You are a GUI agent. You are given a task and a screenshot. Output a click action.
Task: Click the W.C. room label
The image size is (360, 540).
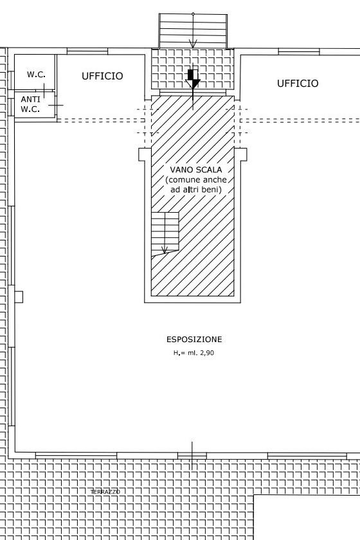pyautogui.click(x=36, y=75)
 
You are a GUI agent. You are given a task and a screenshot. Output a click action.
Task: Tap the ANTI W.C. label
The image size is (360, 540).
pyautogui.click(x=30, y=104)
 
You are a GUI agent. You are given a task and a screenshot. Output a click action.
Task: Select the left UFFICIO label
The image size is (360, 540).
pyautogui.click(x=102, y=76)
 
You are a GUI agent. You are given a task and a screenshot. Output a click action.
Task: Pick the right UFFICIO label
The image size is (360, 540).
pyautogui.click(x=298, y=84)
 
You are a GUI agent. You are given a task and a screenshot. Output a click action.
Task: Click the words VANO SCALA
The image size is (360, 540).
pyautogui.click(x=196, y=170)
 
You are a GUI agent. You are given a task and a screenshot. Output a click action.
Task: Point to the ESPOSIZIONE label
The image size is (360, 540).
pyautogui.click(x=194, y=339)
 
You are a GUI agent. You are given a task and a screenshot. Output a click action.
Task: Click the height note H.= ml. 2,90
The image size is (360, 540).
pyautogui.click(x=194, y=353)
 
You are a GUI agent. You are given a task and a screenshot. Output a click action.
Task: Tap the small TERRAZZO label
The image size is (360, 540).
pyautogui.click(x=105, y=492)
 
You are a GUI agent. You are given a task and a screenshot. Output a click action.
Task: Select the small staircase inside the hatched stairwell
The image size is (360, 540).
pyautogui.click(x=165, y=233)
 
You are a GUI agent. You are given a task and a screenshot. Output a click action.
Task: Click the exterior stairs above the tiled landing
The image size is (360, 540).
pyautogui.click(x=193, y=31)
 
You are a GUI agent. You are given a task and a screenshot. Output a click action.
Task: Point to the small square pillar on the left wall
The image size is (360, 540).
pyautogui.click(x=19, y=297)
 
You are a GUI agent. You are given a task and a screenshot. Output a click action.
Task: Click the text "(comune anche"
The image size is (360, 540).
pyautogui.click(x=196, y=180)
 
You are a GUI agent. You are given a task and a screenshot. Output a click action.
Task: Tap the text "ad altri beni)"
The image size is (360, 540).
pyautogui.click(x=196, y=190)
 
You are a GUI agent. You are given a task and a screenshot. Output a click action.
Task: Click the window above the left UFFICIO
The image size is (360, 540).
pyautogui.click(x=87, y=51)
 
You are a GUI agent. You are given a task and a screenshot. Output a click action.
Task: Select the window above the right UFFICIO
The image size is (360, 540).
pyautogui.click(x=299, y=51)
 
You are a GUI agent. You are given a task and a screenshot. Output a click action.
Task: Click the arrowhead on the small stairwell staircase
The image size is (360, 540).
pyautogui.click(x=165, y=249)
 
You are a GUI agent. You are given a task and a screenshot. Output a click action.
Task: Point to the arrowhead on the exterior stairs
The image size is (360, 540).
pyautogui.click(x=193, y=44)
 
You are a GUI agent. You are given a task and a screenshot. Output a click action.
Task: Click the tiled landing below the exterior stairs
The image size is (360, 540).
pyautogui.click(x=193, y=69)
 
